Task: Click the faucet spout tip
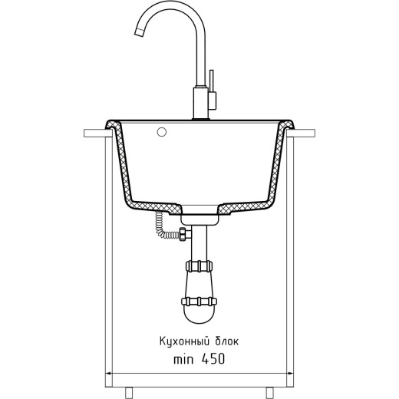[139, 33]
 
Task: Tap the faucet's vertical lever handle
[212, 81]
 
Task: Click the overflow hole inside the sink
[162, 132]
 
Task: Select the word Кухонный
[184, 341]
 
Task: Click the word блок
[227, 341]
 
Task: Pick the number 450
[213, 358]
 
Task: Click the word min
[183, 359]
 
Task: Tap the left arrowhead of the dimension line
[108, 373]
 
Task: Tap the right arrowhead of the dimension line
[290, 373]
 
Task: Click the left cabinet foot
[129, 393]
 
